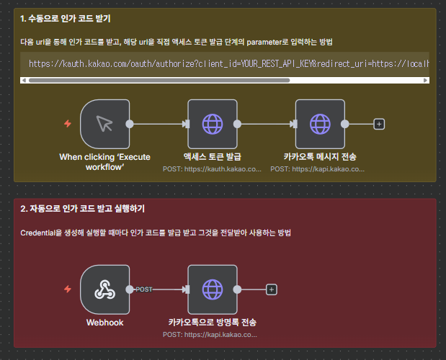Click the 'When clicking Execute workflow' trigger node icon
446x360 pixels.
coord(104,124)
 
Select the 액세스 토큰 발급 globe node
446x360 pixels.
coord(212,124)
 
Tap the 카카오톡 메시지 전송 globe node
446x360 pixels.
coord(320,124)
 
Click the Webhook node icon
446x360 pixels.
coord(104,289)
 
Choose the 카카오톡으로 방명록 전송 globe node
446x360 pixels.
coord(212,289)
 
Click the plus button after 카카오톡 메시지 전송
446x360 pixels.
coord(379,124)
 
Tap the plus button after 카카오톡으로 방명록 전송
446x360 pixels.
coord(271,289)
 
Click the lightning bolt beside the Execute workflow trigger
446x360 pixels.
coord(68,124)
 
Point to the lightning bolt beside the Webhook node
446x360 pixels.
coord(68,289)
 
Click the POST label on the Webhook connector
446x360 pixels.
coord(144,289)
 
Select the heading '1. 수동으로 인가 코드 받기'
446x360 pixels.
coord(66,17)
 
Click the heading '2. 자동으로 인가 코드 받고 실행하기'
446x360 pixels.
coord(83,209)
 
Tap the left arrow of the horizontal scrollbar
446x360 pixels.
coord(24,80)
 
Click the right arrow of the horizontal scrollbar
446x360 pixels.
coord(425,80)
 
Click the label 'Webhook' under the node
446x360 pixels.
coord(104,323)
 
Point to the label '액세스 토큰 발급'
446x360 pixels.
coord(212,157)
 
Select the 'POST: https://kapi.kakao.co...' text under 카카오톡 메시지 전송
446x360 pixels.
coord(318,169)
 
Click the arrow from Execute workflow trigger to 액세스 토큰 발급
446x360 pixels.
coord(159,124)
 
